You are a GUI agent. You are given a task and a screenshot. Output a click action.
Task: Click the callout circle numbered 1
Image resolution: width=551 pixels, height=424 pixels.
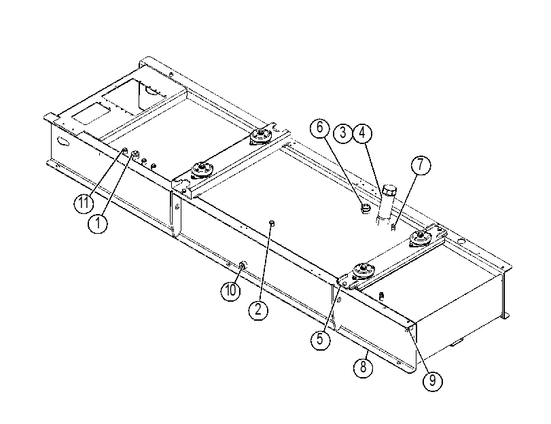[x=98, y=223]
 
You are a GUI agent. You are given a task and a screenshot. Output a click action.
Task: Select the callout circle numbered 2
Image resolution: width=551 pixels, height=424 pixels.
[x=258, y=310]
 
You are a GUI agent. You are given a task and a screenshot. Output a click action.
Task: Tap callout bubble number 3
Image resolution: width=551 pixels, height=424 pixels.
[x=342, y=133]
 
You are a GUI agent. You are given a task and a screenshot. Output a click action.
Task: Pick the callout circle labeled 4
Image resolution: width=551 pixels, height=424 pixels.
[x=362, y=133]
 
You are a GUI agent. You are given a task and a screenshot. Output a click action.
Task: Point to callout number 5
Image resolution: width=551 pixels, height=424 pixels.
[x=320, y=339]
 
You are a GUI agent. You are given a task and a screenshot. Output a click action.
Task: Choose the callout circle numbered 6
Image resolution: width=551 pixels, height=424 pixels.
[x=319, y=127]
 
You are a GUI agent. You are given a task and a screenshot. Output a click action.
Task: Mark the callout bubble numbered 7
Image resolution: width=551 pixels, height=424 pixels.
[x=421, y=165]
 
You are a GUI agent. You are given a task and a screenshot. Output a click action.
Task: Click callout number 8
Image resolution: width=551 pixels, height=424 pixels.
[x=363, y=368]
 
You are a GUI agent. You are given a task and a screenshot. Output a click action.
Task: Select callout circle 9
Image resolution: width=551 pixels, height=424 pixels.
[x=432, y=381]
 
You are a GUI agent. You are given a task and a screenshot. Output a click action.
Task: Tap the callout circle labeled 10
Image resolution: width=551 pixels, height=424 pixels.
[x=230, y=291]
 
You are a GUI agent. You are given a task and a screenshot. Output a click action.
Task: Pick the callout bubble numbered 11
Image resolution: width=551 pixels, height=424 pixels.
[x=84, y=203]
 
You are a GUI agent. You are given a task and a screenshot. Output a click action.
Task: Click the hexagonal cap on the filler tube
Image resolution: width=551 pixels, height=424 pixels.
[x=389, y=191]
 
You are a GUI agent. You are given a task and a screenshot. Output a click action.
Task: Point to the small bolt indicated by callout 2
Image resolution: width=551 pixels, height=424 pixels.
[x=272, y=223]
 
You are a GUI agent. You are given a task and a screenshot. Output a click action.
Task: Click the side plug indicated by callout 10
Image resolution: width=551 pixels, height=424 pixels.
[x=243, y=266]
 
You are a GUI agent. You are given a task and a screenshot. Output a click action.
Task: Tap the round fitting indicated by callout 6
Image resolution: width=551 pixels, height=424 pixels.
[x=366, y=208]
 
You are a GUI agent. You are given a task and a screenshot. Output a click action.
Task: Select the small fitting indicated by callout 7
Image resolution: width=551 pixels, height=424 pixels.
[x=393, y=228]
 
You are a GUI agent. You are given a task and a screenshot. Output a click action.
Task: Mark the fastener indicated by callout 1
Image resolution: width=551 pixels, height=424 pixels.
[x=135, y=154]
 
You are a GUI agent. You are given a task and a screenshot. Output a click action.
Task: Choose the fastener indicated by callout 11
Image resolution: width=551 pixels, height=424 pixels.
[x=124, y=151]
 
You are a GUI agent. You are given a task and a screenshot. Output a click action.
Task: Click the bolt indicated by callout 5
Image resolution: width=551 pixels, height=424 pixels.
[x=344, y=283]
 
